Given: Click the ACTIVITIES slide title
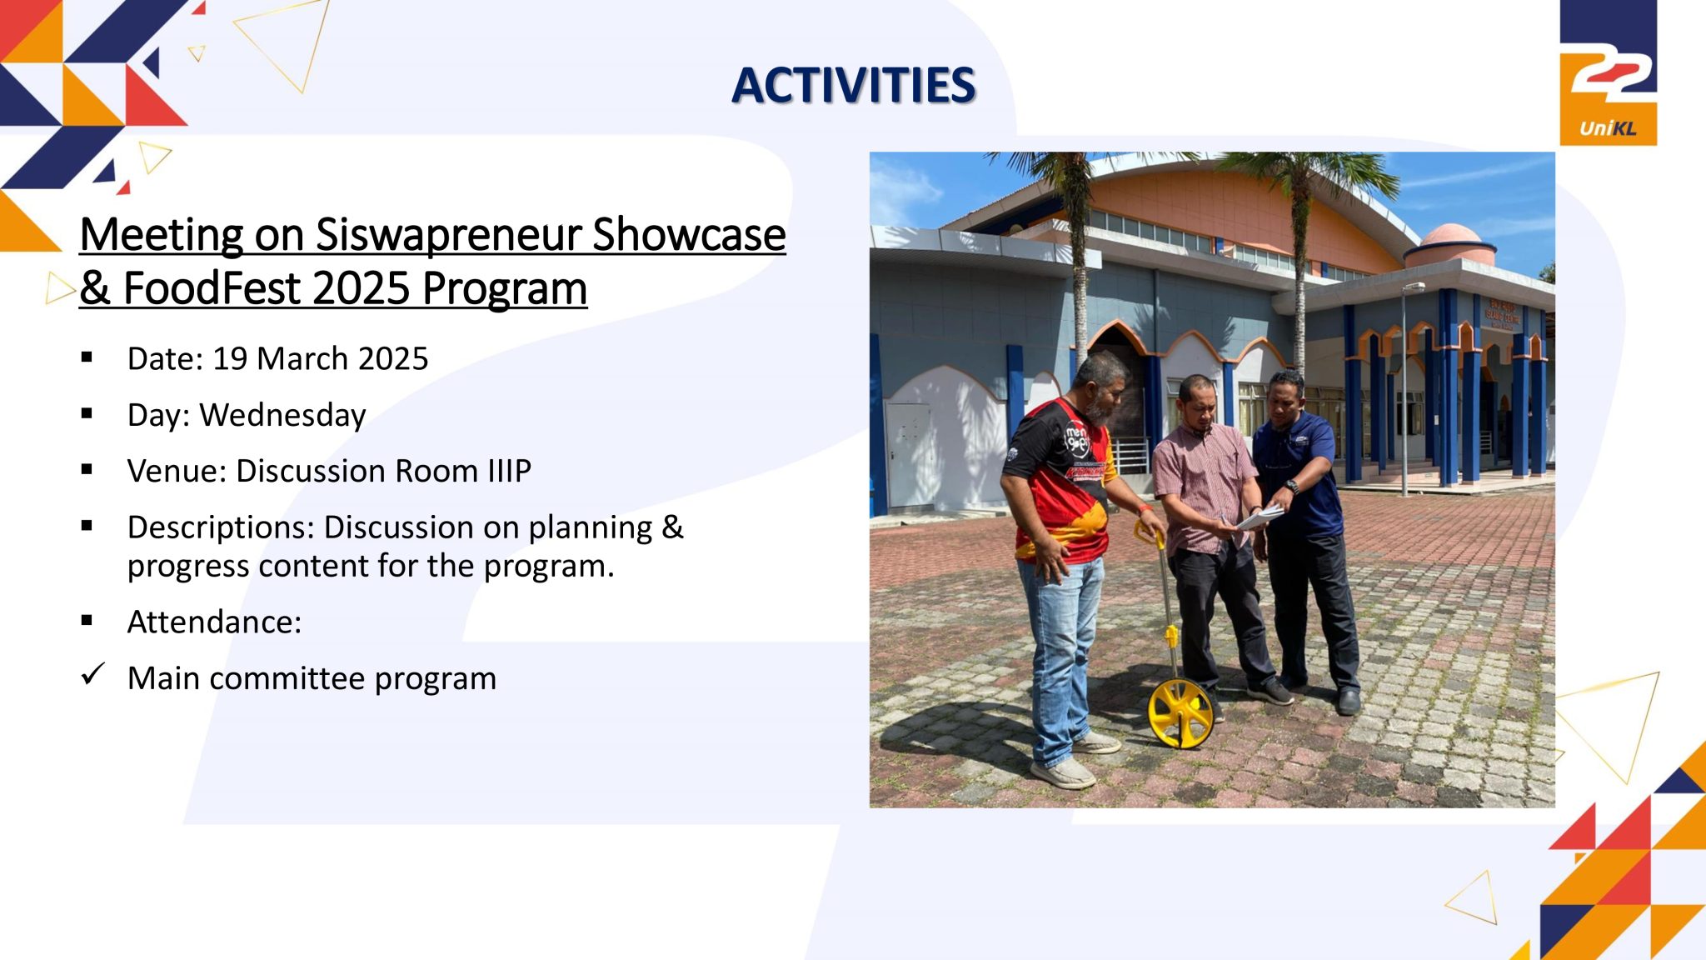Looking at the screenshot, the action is (854, 86).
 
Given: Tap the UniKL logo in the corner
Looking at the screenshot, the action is (1608, 72).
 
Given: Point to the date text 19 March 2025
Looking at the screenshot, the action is (320, 358).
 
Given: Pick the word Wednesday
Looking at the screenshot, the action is (282, 415).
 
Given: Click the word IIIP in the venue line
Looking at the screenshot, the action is (509, 471).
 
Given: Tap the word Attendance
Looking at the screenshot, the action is (214, 622).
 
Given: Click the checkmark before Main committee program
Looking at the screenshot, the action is (92, 674).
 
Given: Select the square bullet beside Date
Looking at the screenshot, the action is (87, 357).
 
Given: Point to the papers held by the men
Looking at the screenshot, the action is (1260, 517).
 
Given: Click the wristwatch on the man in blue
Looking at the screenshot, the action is (1291, 486).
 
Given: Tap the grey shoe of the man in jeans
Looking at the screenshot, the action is (1064, 772).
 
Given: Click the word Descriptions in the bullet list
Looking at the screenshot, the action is (221, 527).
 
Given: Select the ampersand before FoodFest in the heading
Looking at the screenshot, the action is (95, 288).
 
